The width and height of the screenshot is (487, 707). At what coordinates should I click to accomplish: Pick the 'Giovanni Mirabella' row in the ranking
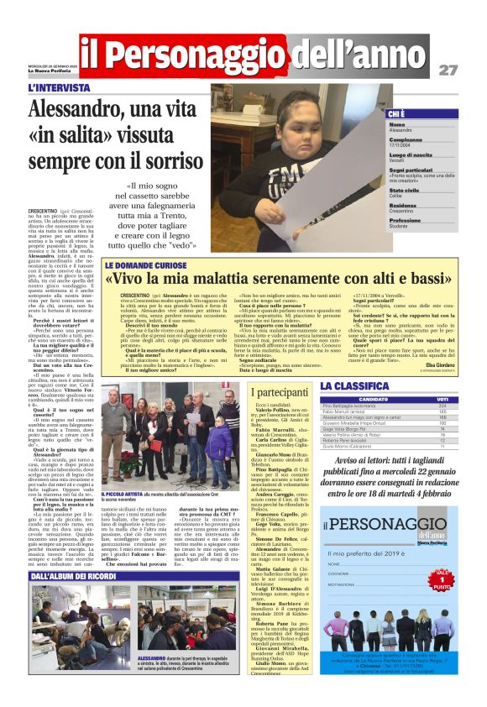point(353,423)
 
